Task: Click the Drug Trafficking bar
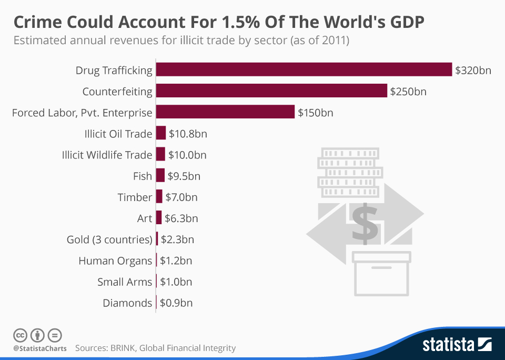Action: click(x=304, y=69)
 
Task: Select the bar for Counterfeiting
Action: click(x=271, y=91)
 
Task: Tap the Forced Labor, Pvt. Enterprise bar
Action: click(x=225, y=112)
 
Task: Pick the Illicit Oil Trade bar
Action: click(x=161, y=133)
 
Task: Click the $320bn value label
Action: click(x=473, y=70)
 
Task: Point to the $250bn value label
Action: click(x=408, y=92)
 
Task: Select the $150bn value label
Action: click(x=316, y=113)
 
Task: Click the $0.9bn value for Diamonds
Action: click(x=176, y=303)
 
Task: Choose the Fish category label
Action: click(x=143, y=176)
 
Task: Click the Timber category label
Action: click(x=135, y=197)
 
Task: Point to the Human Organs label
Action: click(x=115, y=261)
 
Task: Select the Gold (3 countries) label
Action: click(x=109, y=239)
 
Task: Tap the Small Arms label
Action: click(x=125, y=282)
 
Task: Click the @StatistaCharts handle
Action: click(x=40, y=348)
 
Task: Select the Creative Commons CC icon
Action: click(x=20, y=335)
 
